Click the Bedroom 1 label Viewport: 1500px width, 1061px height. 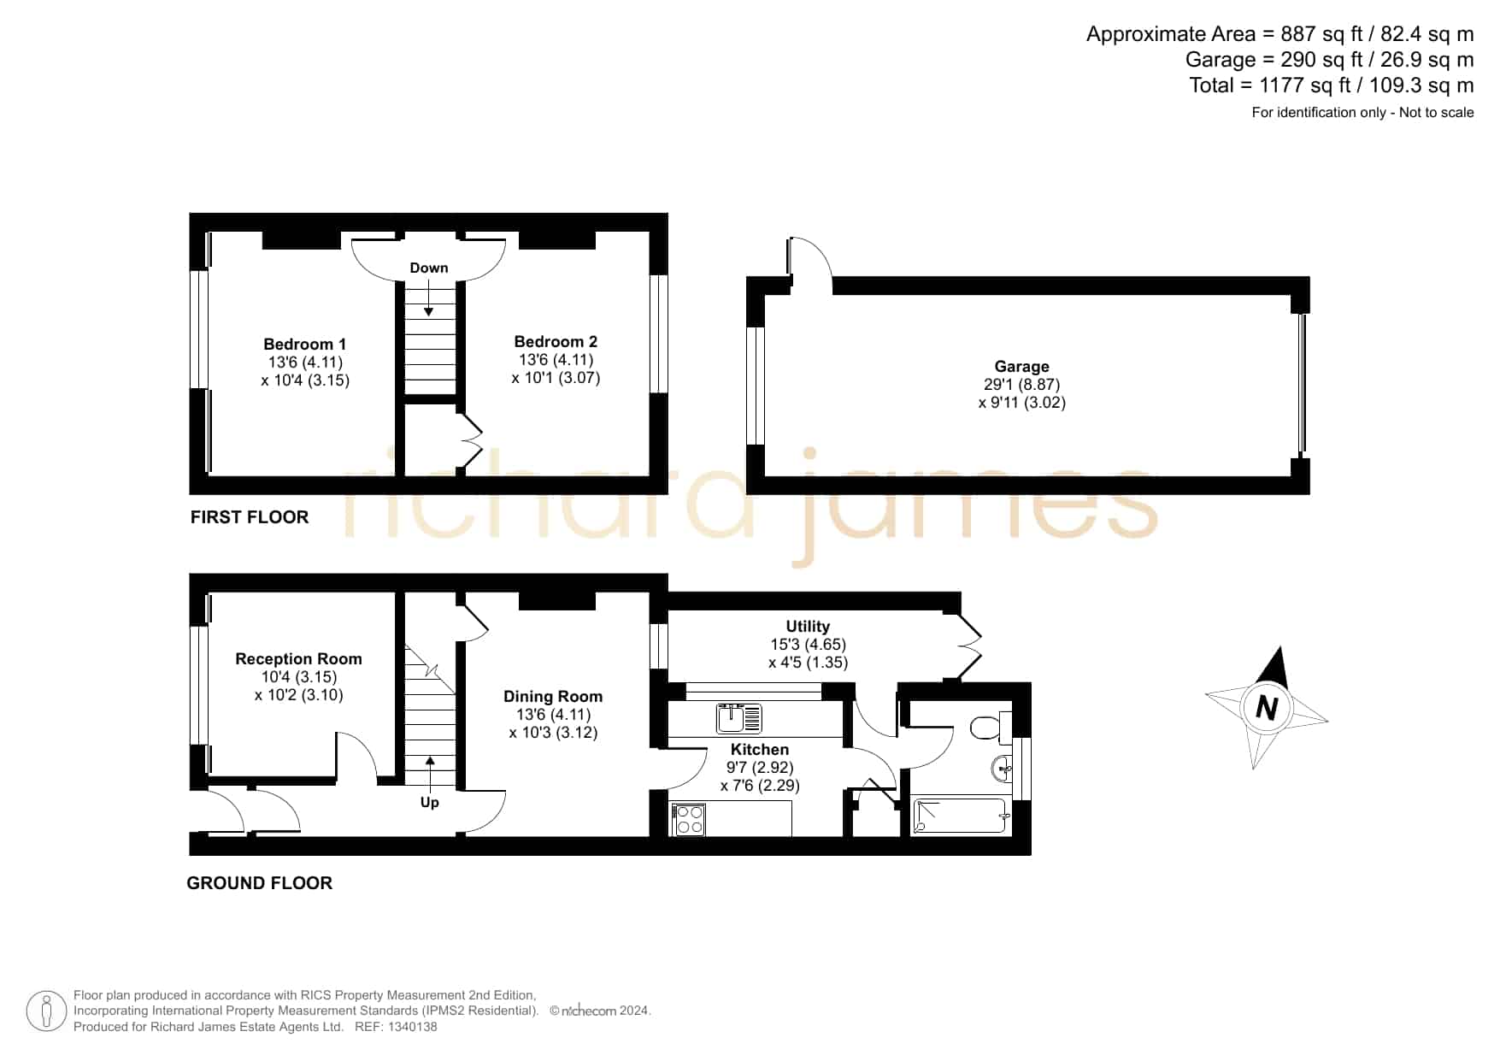pos(304,345)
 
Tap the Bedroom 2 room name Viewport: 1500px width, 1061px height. pos(556,342)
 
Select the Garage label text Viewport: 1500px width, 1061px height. pos(1021,367)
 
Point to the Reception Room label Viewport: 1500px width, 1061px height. pos(298,659)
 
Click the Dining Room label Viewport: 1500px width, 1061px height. pos(553,697)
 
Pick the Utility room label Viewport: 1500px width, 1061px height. pos(808,627)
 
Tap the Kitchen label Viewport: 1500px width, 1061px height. pos(760,750)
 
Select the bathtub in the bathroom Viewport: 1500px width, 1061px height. pos(962,816)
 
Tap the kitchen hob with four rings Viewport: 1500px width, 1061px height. pos(689,820)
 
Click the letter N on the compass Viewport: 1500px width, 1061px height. pos(1267,709)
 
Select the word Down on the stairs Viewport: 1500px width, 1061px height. pos(429,268)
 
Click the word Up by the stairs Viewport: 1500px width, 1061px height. pos(429,802)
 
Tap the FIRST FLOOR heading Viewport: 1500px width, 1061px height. pos(250,517)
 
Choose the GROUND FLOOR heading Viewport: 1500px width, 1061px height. pos(260,883)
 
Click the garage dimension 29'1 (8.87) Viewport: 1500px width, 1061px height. pos(1021,385)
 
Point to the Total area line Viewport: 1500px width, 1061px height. pos(1332,85)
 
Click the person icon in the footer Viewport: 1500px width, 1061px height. pos(46,1011)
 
